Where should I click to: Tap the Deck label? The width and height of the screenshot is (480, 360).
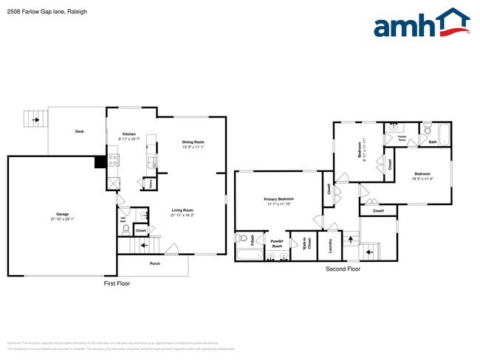[x=79, y=131]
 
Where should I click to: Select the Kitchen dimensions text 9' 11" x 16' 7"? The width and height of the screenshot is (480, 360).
[x=129, y=139]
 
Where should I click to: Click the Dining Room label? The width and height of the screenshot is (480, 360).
[x=193, y=142]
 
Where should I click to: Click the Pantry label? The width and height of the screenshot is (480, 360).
[x=151, y=182]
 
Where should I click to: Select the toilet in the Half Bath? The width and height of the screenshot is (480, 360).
[x=144, y=215]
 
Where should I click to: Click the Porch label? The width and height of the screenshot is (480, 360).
[x=155, y=263]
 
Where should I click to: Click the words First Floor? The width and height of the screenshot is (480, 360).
[x=117, y=283]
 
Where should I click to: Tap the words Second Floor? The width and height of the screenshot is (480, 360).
[x=343, y=269]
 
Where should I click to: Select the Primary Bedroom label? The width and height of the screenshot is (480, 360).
[x=279, y=199]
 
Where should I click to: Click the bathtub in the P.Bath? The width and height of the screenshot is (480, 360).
[x=249, y=255]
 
